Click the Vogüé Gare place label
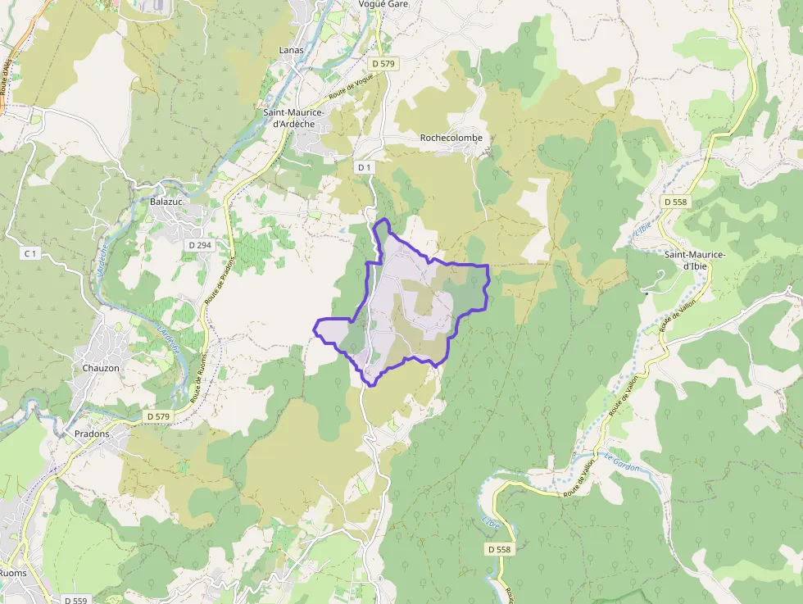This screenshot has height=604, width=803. tap(383, 4)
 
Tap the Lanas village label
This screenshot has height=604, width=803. tap(291, 50)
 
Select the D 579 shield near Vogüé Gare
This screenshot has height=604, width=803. tap(383, 63)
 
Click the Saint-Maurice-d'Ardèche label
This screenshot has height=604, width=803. tap(294, 118)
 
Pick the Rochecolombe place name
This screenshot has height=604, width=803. tap(451, 138)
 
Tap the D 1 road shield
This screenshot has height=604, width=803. tap(365, 167)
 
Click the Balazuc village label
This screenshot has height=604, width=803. tap(168, 202)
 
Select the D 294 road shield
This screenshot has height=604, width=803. tap(198, 244)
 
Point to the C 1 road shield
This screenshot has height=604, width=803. tap(31, 253)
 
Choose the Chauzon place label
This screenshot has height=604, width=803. tap(101, 368)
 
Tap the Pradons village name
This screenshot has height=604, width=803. tap(92, 434)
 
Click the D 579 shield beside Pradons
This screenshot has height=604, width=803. tap(158, 416)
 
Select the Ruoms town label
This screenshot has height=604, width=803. tap(13, 573)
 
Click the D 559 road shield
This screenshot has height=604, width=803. tap(76, 600)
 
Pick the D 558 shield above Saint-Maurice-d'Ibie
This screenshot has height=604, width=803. tap(676, 201)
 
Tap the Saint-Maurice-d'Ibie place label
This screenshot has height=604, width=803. tap(695, 260)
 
